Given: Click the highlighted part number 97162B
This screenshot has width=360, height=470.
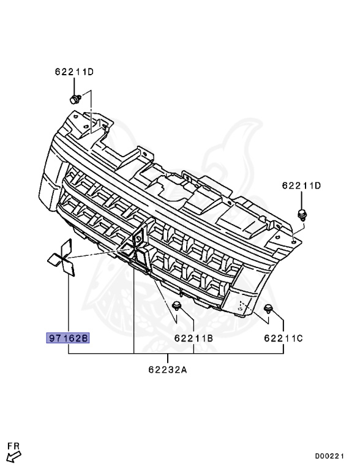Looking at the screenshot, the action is coord(68,338).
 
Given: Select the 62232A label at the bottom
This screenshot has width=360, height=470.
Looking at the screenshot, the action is coord(168,370).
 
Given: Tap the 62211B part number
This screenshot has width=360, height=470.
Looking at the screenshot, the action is coord(193,338).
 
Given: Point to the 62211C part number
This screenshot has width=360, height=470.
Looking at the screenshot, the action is coord(283,338).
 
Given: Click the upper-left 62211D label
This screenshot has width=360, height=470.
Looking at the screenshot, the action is coord(74,72).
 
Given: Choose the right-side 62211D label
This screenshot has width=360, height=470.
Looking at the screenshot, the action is coord(301,185).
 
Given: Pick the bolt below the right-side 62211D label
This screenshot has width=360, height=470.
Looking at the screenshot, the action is coord(301,215).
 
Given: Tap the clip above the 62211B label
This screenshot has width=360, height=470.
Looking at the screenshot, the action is coord(176,307).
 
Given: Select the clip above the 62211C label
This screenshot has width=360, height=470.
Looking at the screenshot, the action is coord(268,308).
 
